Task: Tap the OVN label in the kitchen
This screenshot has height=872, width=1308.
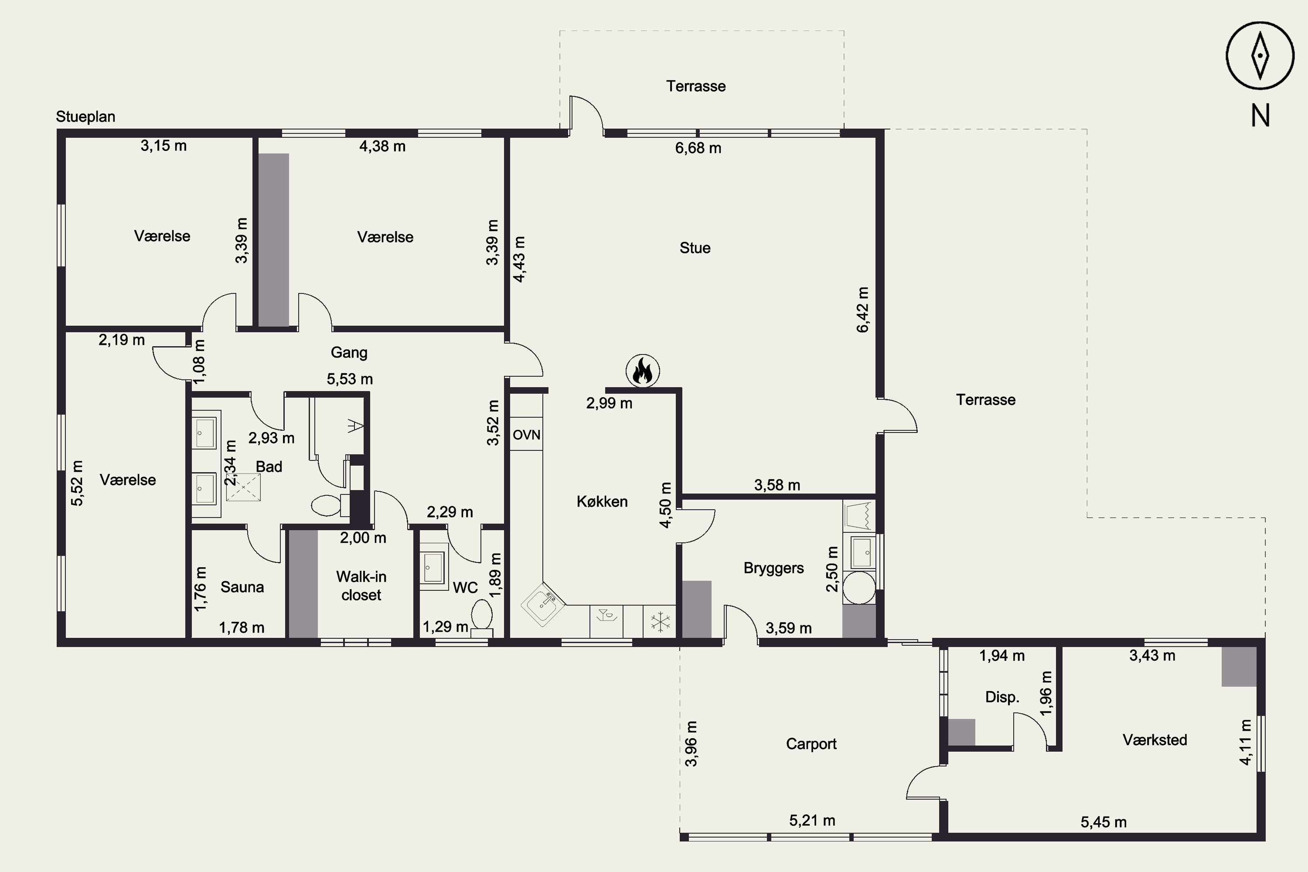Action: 526,434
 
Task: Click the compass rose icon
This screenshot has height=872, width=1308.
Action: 1260,56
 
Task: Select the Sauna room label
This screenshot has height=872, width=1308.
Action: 242,587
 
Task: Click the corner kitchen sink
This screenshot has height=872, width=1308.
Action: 543,604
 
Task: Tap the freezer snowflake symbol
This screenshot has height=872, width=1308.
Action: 661,621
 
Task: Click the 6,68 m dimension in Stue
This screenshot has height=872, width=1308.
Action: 698,148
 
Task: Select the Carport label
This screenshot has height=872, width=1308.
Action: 811,744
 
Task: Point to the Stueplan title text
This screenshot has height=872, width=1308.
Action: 85,117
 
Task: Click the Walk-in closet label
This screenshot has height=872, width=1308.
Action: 361,586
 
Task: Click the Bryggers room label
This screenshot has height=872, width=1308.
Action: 773,568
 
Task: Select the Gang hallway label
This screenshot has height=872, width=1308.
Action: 349,353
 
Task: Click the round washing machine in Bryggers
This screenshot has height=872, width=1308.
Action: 859,588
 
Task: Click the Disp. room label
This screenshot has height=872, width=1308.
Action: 1002,697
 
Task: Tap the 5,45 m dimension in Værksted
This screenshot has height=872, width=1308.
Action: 1104,822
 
